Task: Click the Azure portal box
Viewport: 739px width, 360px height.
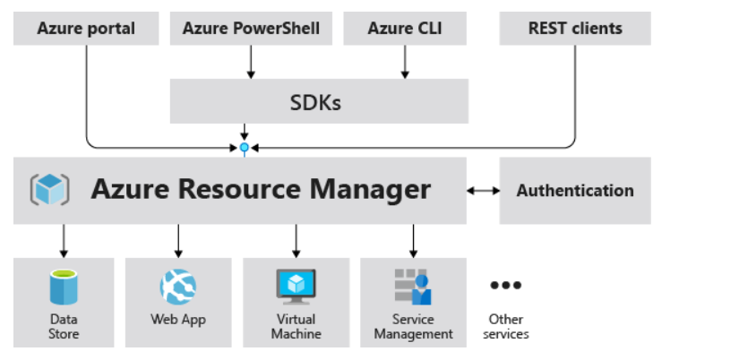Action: [86, 29]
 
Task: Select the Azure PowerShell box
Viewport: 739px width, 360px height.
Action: [251, 29]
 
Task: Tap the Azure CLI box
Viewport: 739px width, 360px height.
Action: [405, 29]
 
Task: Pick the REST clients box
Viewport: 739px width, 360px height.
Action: [575, 29]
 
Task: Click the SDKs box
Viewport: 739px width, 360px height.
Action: [319, 101]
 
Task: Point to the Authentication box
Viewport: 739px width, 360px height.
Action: [575, 191]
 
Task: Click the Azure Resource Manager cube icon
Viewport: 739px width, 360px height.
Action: [50, 190]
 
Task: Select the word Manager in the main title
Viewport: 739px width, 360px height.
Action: [370, 190]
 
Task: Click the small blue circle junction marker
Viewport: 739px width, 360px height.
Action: [244, 146]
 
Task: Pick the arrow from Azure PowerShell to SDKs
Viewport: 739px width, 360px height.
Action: [251, 61]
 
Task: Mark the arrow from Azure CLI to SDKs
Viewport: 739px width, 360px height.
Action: [405, 61]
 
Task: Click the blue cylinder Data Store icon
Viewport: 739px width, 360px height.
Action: [64, 287]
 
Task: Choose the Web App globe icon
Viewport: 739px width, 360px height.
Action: [178, 287]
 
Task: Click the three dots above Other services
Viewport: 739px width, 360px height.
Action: [506, 286]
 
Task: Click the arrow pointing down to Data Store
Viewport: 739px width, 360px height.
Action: [64, 240]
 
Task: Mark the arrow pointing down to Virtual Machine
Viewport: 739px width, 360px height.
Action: [296, 240]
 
